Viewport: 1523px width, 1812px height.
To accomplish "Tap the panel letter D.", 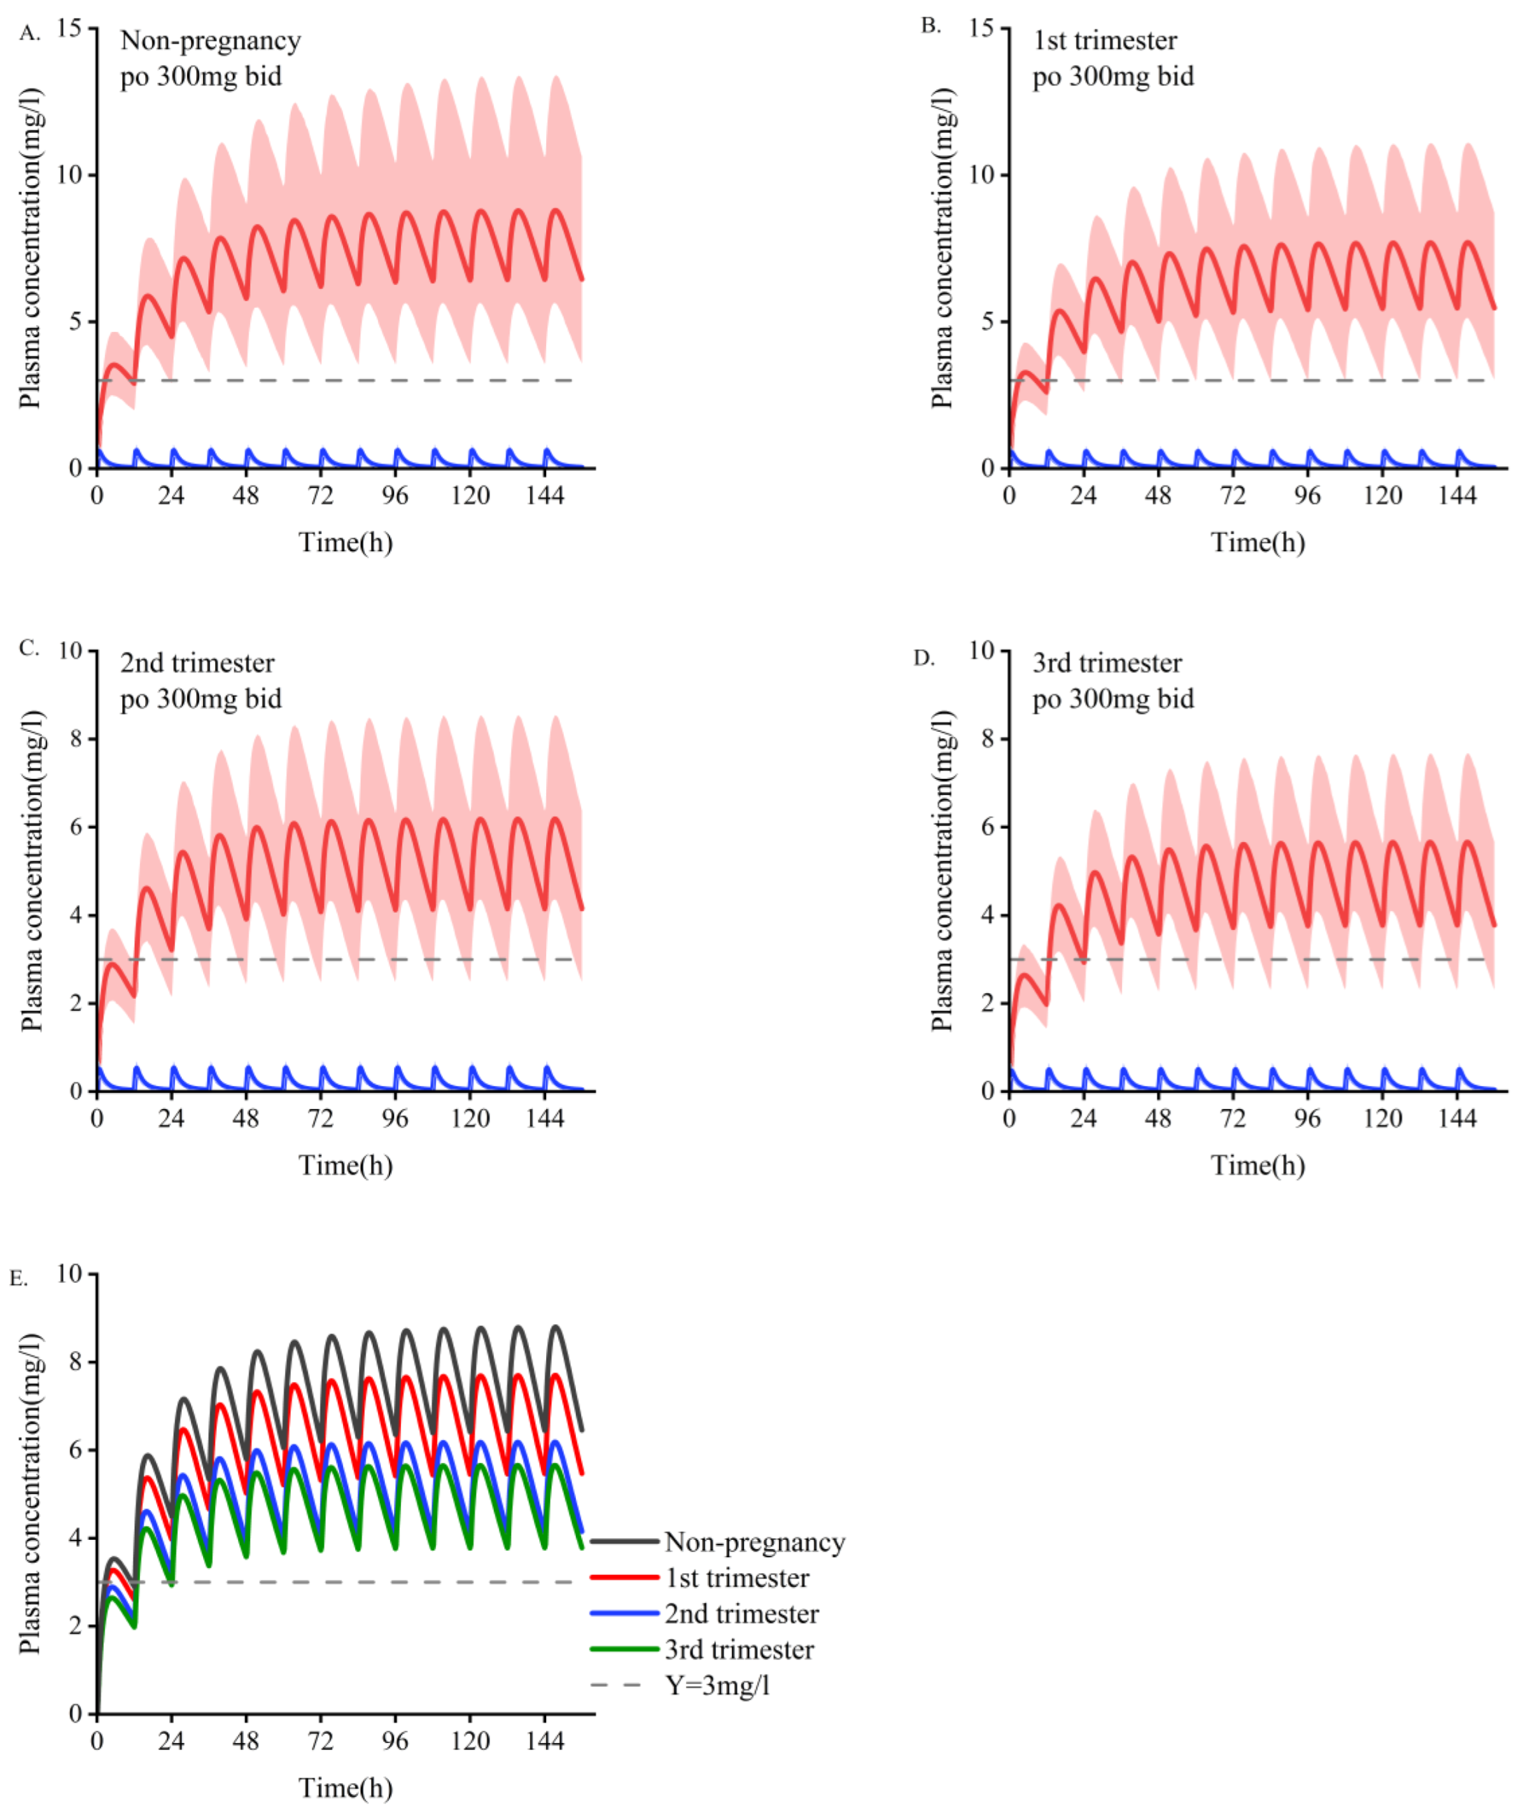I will pyautogui.click(x=924, y=658).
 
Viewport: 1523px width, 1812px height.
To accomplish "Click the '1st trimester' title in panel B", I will pyautogui.click(x=1105, y=41).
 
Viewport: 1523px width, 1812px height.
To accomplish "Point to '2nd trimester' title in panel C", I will pyautogui.click(x=197, y=663).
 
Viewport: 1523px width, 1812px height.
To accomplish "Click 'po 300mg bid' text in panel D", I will pyautogui.click(x=1113, y=698).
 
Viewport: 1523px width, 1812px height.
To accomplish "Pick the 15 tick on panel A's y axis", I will pyautogui.click(x=70, y=28).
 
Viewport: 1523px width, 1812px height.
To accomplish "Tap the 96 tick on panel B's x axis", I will pyautogui.click(x=1307, y=495).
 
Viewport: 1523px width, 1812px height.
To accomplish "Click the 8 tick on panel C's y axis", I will pyautogui.click(x=74, y=739).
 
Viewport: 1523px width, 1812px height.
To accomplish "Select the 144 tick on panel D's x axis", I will pyautogui.click(x=1457, y=1119).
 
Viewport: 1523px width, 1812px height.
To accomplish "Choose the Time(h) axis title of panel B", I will pyautogui.click(x=1257, y=542).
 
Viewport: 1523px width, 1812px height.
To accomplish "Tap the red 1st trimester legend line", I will pyautogui.click(x=624, y=1578).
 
